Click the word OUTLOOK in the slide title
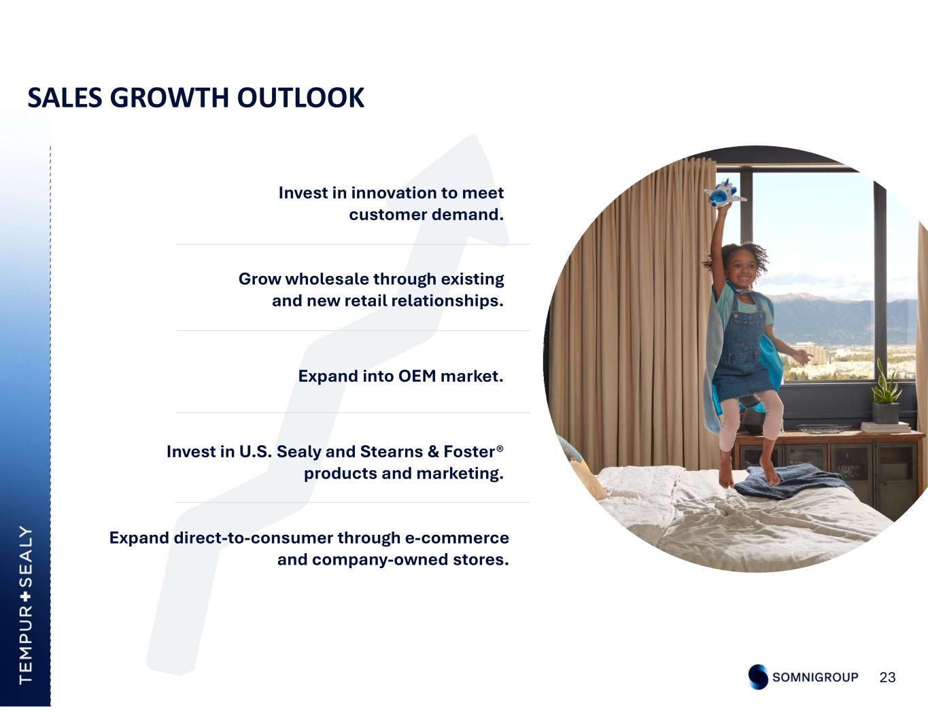click(x=300, y=98)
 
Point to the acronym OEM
click(x=417, y=377)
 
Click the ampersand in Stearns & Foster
click(x=433, y=451)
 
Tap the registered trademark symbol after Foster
click(x=500, y=448)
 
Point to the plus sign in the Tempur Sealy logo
click(x=26, y=596)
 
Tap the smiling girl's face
click(x=744, y=271)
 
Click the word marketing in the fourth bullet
click(x=460, y=474)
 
